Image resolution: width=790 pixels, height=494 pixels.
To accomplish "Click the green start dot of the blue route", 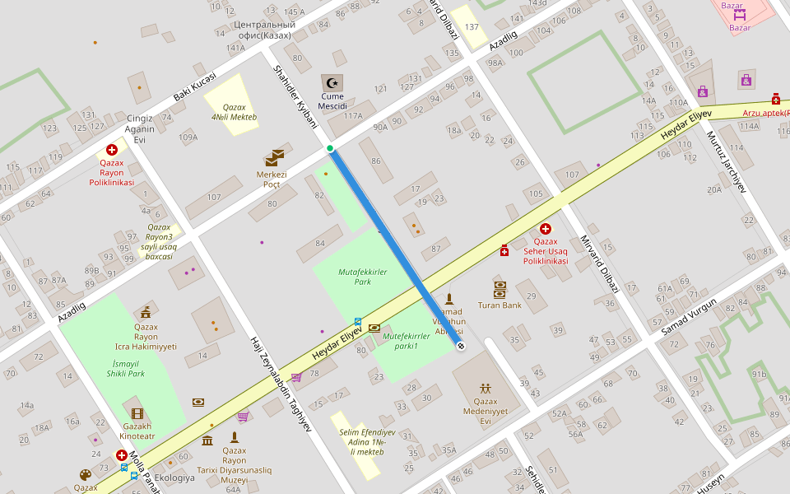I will pyautogui.click(x=330, y=148).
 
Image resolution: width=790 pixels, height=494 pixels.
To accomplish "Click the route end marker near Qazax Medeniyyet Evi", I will pyautogui.click(x=460, y=346).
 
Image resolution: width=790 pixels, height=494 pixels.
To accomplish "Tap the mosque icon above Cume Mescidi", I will pyautogui.click(x=332, y=82).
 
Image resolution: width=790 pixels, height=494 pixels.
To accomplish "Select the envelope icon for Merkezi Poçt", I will pyautogui.click(x=274, y=157).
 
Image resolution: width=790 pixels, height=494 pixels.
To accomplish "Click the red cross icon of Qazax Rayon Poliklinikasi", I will pyautogui.click(x=112, y=150).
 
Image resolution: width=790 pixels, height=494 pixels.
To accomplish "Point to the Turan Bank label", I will pyautogui.click(x=500, y=305).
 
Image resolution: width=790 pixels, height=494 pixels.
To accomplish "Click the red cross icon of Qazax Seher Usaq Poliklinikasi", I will pyautogui.click(x=545, y=229).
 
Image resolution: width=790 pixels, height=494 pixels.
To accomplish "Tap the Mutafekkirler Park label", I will pyautogui.click(x=362, y=277).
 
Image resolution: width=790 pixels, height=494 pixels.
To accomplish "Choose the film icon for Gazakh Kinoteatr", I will pyautogui.click(x=137, y=413).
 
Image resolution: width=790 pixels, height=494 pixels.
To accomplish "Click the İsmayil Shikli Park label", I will pyautogui.click(x=125, y=368).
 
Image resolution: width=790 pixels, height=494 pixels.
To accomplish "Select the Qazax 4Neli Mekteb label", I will pyautogui.click(x=234, y=112).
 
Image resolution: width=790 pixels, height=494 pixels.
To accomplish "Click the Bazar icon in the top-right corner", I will pyautogui.click(x=739, y=14).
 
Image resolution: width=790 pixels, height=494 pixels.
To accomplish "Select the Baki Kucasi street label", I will pyautogui.click(x=194, y=87).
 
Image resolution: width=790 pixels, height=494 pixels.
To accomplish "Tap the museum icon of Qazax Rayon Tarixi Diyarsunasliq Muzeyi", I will pyautogui.click(x=207, y=441).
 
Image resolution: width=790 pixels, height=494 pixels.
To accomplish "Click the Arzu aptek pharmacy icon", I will pyautogui.click(x=775, y=99).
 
